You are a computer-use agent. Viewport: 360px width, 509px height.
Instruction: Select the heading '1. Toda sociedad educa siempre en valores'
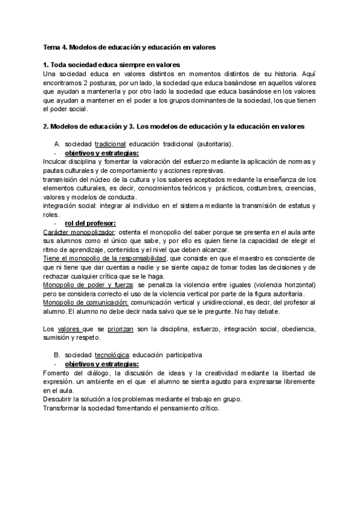(112, 64)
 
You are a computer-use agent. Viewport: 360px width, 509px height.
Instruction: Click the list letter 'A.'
(58, 145)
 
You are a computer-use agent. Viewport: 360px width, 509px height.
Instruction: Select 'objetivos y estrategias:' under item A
(101, 153)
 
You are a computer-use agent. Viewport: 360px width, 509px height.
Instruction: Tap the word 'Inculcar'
(58, 162)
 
